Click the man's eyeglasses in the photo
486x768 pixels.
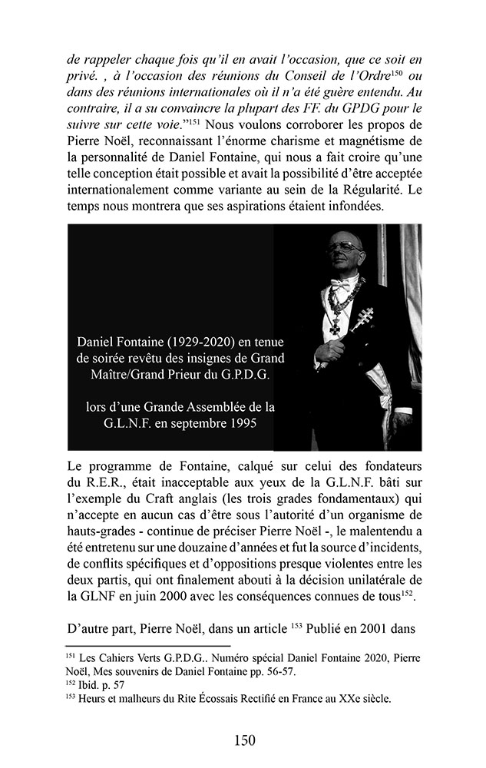(345, 247)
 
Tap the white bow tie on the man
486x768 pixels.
(342, 282)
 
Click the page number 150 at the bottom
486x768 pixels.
(243, 740)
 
